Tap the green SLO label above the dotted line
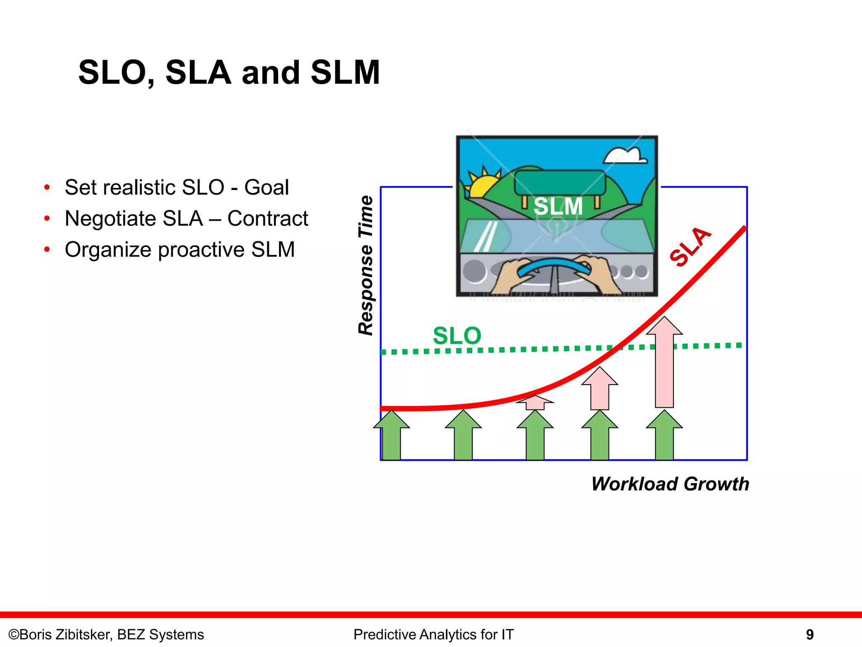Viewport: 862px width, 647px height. click(x=457, y=336)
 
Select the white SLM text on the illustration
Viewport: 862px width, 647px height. click(x=558, y=207)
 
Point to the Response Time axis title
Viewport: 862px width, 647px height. click(x=366, y=265)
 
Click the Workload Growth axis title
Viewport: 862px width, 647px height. click(x=670, y=484)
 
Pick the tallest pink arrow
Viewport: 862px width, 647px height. click(x=664, y=362)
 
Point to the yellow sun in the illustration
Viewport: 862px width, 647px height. click(x=482, y=185)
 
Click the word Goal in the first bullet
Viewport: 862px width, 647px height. click(x=267, y=187)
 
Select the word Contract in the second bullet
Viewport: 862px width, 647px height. click(x=268, y=219)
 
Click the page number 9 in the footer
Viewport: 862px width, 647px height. click(x=809, y=634)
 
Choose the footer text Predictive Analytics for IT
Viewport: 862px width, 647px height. click(x=434, y=634)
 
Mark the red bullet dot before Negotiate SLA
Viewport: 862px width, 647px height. click(x=47, y=219)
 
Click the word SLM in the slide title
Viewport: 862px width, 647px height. click(x=345, y=72)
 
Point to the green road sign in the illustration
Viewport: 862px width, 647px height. click(x=560, y=182)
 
